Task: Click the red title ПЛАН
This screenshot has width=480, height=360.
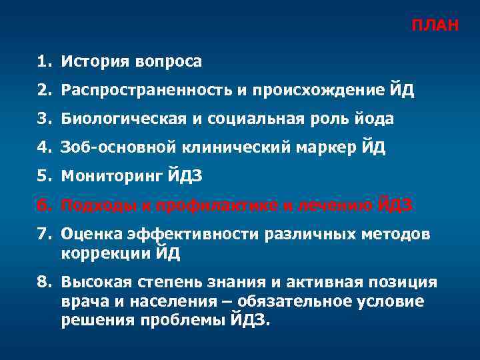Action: coord(434,26)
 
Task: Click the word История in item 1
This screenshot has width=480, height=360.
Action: coord(94,62)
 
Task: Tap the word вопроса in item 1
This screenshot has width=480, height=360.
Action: coord(169,62)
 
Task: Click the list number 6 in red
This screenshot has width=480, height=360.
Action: coord(43,205)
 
